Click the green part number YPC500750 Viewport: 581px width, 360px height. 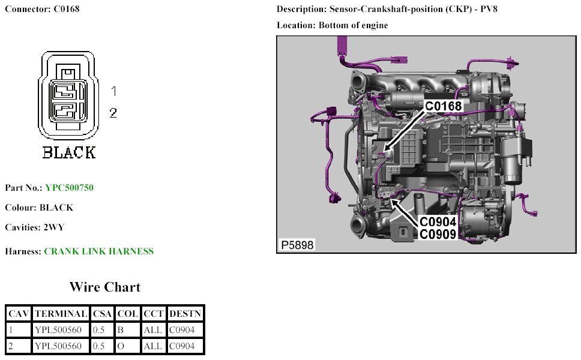pyautogui.click(x=69, y=188)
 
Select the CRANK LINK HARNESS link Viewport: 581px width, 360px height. pyautogui.click(x=98, y=251)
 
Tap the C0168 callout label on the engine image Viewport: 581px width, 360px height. pyautogui.click(x=444, y=107)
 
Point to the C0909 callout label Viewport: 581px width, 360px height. pyautogui.click(x=438, y=234)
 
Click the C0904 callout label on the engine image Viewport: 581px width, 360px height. pyautogui.click(x=438, y=221)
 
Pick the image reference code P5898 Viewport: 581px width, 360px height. pyautogui.click(x=297, y=245)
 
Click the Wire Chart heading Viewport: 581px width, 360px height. pyautogui.click(x=104, y=287)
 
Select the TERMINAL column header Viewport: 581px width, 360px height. pyautogui.click(x=61, y=313)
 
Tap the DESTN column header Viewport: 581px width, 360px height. pyautogui.click(x=185, y=313)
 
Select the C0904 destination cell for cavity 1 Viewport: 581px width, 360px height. pyautogui.click(x=182, y=329)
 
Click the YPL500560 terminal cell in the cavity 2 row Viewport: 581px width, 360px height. pyautogui.click(x=58, y=346)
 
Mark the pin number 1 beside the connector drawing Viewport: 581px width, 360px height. pyautogui.click(x=113, y=92)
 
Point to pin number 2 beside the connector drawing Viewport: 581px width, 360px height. pyautogui.click(x=113, y=112)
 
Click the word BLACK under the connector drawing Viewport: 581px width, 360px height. pyautogui.click(x=68, y=152)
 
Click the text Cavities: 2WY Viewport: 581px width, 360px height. pyautogui.click(x=34, y=227)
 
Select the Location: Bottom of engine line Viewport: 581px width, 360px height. pyautogui.click(x=332, y=25)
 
